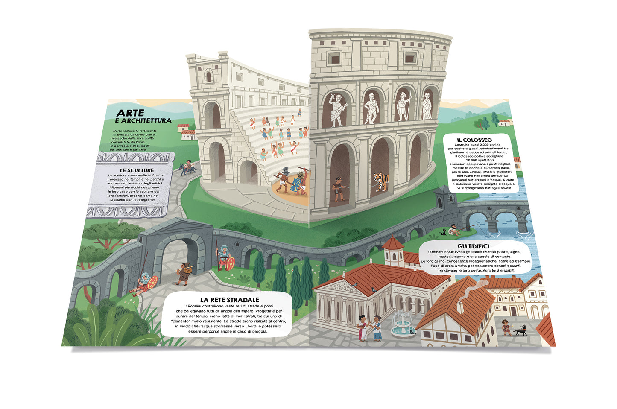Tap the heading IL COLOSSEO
click(474, 140)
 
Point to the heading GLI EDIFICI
click(473, 246)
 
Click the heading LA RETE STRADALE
click(230, 300)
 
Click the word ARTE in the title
click(130, 113)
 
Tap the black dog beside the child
click(520, 330)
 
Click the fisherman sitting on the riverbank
click(455, 230)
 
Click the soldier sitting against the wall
click(145, 283)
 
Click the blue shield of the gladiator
click(295, 185)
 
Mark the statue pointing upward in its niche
click(337, 109)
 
